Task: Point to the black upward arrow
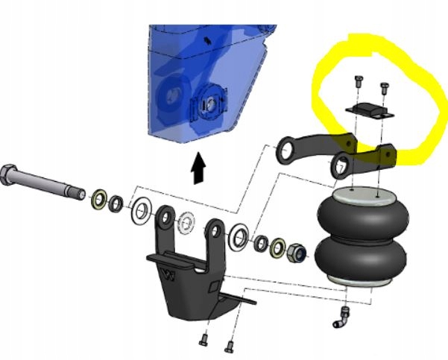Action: [x=198, y=168]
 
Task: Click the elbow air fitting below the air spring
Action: [x=345, y=317]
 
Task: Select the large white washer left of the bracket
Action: [x=142, y=212]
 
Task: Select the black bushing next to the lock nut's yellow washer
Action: [x=262, y=242]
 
